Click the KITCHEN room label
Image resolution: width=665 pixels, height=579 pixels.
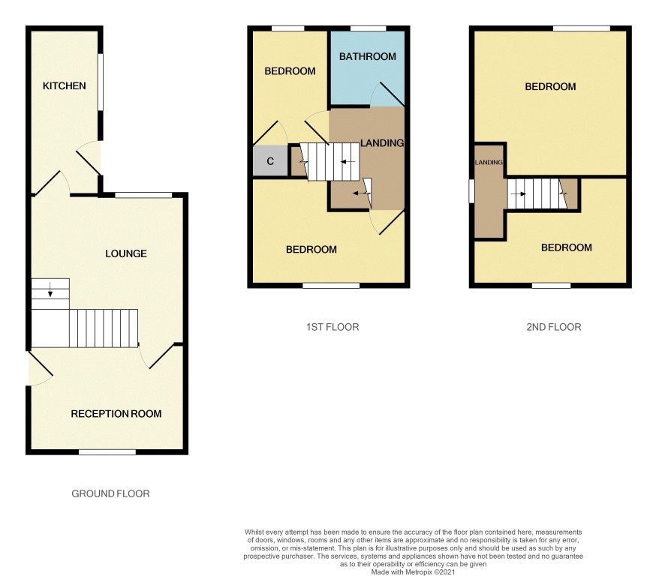point(64,86)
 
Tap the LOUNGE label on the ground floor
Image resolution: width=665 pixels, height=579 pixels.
point(126,253)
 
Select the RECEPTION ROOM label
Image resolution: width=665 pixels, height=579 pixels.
point(116,414)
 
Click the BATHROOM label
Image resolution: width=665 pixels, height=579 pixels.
point(367,56)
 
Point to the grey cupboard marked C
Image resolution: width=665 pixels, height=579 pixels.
point(270,160)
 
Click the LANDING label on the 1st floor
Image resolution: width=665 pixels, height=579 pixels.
point(382,142)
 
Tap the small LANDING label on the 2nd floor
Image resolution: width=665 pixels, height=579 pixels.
point(489,162)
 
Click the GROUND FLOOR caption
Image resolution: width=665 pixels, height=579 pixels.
point(110,493)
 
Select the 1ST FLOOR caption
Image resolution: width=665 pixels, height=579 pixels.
point(332,327)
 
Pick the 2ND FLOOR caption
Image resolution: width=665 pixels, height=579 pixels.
point(553,327)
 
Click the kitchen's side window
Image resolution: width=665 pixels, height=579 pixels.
point(101,82)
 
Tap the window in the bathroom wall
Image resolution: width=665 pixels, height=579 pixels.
point(369,28)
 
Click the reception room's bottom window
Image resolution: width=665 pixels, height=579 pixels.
point(107,452)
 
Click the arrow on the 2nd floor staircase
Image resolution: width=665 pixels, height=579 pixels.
point(518,194)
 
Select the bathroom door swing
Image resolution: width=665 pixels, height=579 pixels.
point(386,94)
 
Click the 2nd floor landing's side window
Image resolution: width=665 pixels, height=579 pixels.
point(471,191)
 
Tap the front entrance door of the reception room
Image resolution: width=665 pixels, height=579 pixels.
point(40,369)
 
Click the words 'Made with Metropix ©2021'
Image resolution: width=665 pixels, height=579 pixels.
point(413,572)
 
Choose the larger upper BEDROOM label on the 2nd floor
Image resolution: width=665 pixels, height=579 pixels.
point(550,86)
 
